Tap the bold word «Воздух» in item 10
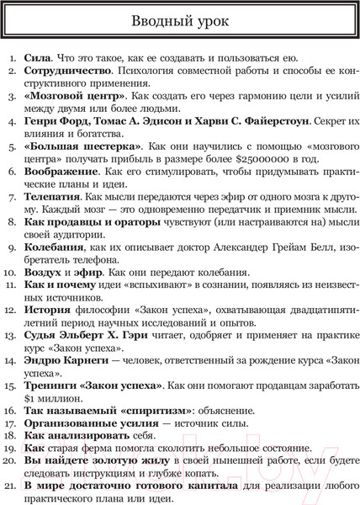coord(45,272)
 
